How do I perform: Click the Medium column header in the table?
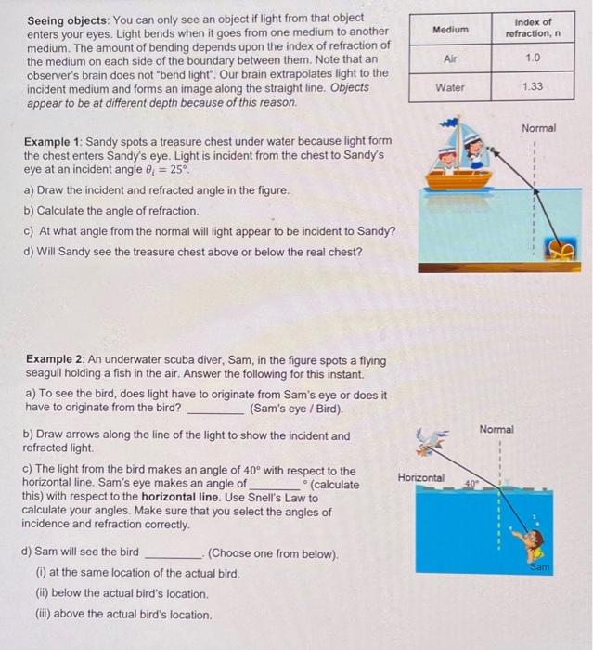point(451,29)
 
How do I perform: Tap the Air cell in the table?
point(451,58)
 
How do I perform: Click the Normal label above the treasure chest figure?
point(539,128)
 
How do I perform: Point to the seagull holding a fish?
point(431,445)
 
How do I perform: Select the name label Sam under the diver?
point(540,565)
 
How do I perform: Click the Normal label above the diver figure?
point(497,429)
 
